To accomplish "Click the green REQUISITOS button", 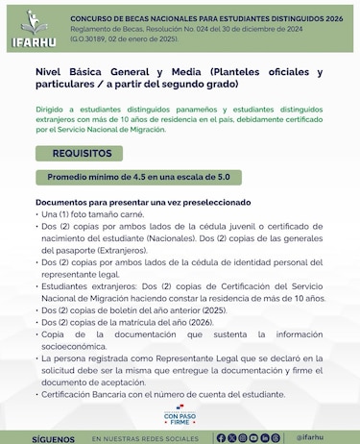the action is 80,153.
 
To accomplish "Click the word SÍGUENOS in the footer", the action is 53,437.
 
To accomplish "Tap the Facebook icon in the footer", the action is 222,437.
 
